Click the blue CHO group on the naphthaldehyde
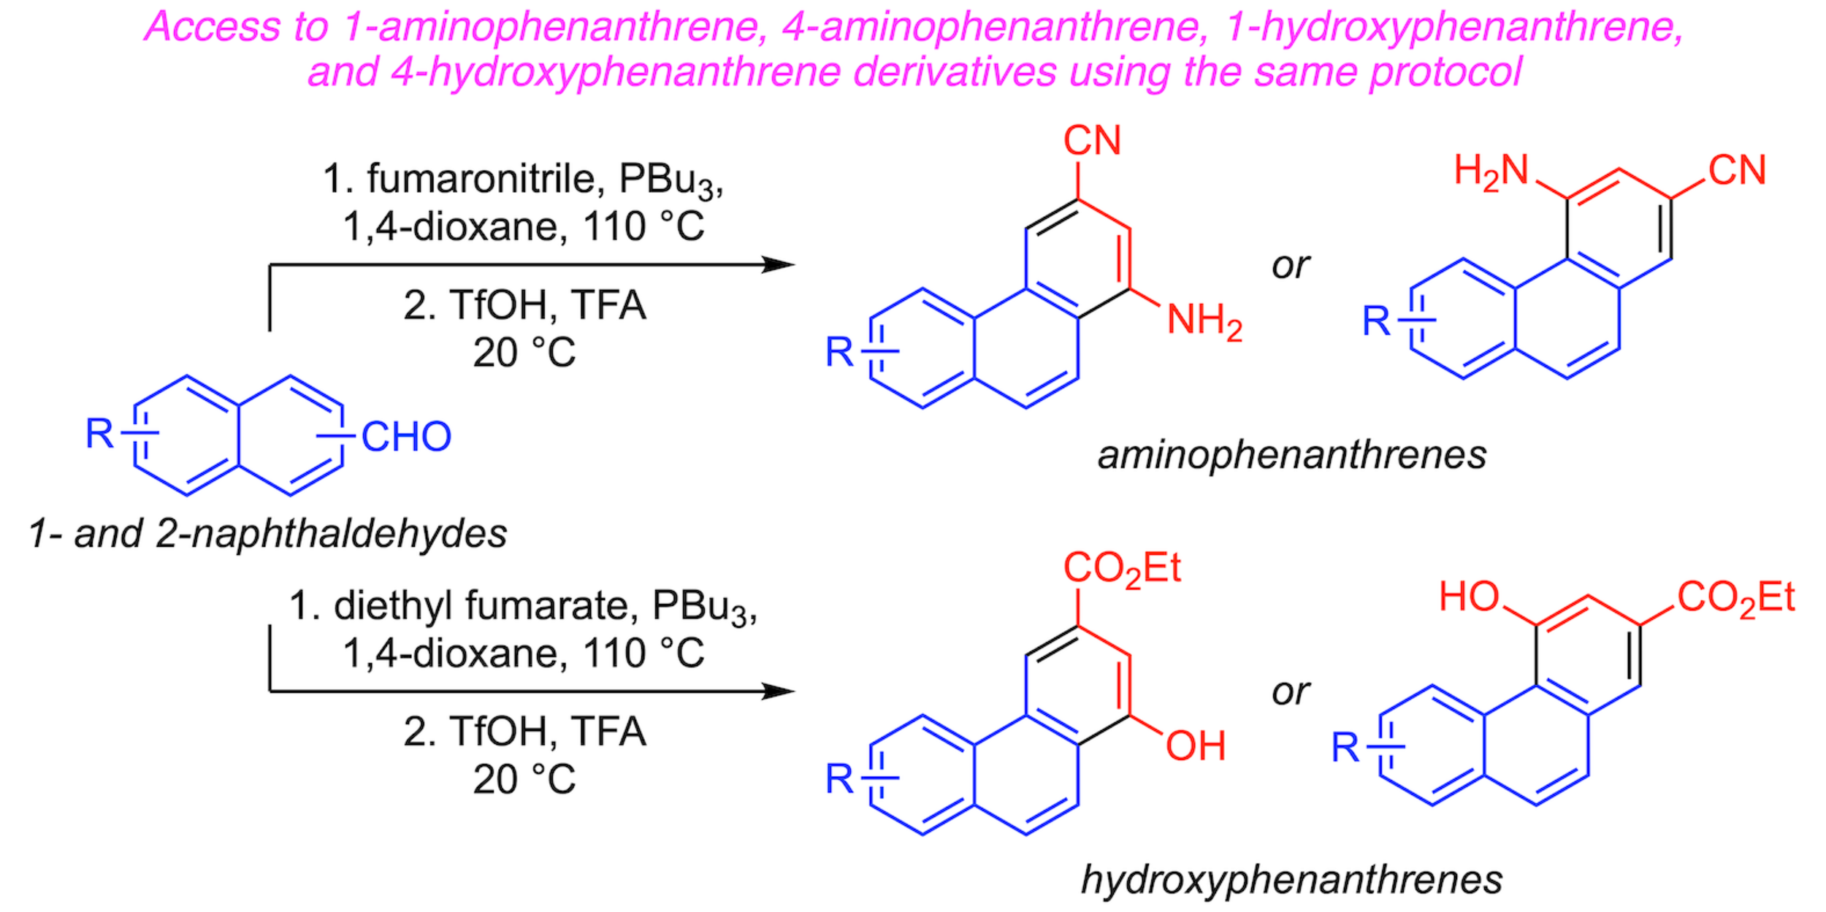tap(406, 437)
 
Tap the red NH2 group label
tap(1204, 321)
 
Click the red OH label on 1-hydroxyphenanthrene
tap(1196, 746)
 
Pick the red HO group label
tap(1469, 597)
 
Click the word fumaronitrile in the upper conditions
tap(485, 179)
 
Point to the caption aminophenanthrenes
tap(1291, 455)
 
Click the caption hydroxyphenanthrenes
tap(1291, 879)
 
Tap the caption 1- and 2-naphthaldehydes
tap(267, 534)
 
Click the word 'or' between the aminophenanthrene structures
tap(1290, 266)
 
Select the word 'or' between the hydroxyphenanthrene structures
tap(1290, 692)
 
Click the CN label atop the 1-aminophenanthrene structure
tap(1092, 140)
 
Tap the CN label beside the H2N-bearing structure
tap(1737, 171)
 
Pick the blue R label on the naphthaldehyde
tap(99, 434)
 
